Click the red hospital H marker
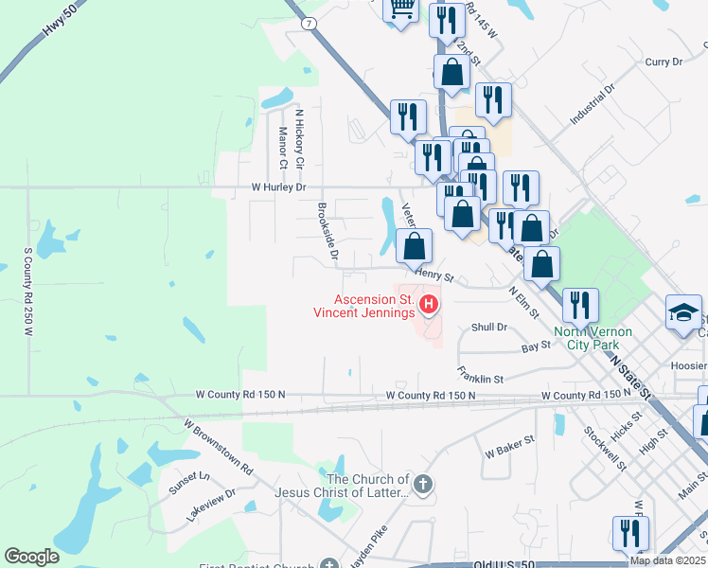tap(429, 304)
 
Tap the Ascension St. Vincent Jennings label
tap(364, 306)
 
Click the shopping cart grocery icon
tap(401, 9)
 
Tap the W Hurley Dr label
tap(278, 187)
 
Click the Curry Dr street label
tap(663, 62)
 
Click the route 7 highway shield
tap(309, 22)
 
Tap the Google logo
tap(32, 556)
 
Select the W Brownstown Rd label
tap(218, 447)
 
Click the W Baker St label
tap(510, 441)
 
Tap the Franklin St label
tap(479, 375)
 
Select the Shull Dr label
tap(489, 327)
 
